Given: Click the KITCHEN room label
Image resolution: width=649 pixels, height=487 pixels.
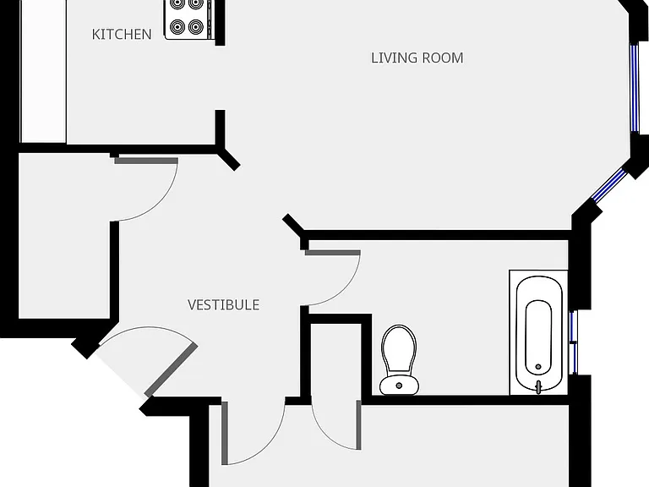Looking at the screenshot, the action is [x=122, y=35].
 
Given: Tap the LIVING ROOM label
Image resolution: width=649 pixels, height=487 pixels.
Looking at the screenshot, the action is [x=417, y=58].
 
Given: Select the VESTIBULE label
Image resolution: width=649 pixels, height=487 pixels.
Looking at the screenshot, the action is [x=223, y=305].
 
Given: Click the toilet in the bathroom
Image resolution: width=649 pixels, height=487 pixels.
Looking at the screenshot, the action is [x=399, y=359].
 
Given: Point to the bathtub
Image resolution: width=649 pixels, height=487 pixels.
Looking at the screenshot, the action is [x=539, y=334].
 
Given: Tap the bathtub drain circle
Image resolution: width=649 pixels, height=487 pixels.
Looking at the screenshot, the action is [x=538, y=366].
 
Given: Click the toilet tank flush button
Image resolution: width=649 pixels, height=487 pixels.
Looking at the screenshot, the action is [x=399, y=386].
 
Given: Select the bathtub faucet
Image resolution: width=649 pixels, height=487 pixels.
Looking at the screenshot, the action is [x=538, y=387].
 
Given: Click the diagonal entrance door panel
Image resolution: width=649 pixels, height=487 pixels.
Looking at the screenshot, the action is [x=171, y=370].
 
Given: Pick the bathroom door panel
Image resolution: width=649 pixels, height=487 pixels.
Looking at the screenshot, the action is [x=332, y=253].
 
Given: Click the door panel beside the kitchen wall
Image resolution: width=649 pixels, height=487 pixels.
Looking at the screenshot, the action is [x=146, y=161].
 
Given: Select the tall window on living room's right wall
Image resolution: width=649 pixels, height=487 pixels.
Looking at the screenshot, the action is [x=635, y=88].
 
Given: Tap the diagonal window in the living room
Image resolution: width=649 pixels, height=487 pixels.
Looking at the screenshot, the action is [x=609, y=185].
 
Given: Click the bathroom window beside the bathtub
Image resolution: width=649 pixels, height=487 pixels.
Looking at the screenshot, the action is [x=573, y=342].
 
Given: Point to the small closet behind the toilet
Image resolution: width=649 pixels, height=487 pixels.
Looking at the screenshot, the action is [x=336, y=359].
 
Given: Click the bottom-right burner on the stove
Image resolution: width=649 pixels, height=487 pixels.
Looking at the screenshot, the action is [x=196, y=27].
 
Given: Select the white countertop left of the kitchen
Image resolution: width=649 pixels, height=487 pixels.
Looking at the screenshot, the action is [x=43, y=71].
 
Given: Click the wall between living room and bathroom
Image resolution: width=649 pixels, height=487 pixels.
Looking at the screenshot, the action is [x=436, y=235].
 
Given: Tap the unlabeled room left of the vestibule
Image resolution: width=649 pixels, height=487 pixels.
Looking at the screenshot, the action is [x=64, y=236].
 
